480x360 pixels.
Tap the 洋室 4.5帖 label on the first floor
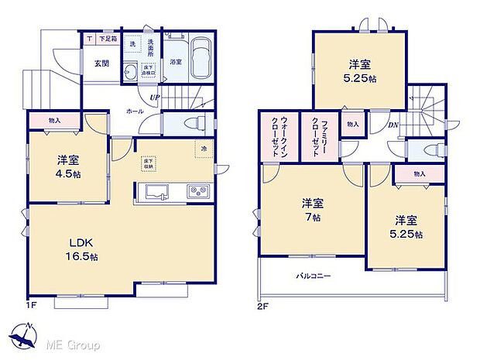coord(69,166)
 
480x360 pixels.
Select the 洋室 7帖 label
coord(313,210)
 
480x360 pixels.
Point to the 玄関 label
coord(101,63)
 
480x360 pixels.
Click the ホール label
coord(134,111)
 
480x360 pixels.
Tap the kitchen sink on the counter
coord(153,191)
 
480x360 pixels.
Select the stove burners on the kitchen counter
coord(196,190)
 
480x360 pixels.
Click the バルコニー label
coord(314,276)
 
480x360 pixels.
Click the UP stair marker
coord(153,98)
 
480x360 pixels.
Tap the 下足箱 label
coord(104,38)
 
